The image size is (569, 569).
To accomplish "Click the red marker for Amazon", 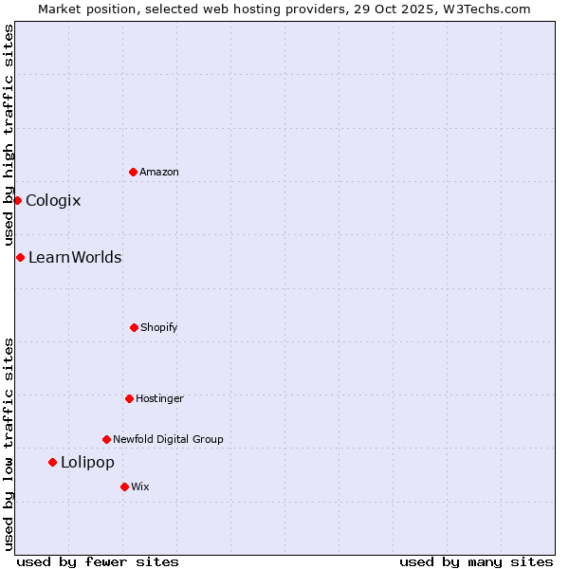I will point(133,172).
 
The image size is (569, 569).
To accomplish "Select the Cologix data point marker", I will point(17,200).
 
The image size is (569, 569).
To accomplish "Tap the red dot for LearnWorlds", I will point(20,257).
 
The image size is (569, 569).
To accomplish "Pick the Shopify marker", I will point(134,327).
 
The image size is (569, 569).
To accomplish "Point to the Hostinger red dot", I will point(129,398).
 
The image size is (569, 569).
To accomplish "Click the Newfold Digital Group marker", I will point(106,439).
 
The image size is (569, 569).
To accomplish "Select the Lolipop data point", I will point(52,462).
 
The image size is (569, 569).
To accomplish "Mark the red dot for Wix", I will point(124,486).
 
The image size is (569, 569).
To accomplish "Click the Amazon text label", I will point(159,172).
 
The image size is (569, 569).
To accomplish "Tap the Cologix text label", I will point(53,200).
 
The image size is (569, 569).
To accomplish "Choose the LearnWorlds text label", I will point(75,257).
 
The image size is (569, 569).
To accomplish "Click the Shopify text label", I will point(159,327).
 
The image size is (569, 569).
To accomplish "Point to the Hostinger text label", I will point(159,398).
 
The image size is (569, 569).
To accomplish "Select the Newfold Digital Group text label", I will point(168,439).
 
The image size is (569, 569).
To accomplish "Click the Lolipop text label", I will point(87,462).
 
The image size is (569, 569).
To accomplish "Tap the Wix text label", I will point(140,486).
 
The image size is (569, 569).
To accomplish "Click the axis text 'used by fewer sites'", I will point(98,561).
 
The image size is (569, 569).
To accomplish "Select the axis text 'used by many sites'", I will point(476,561).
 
